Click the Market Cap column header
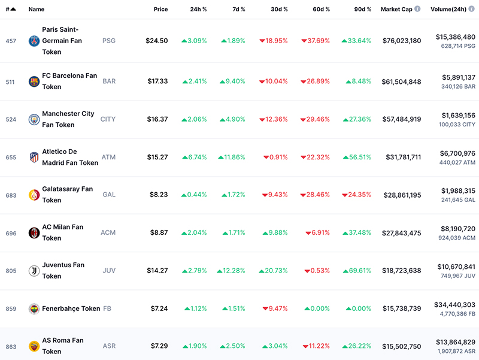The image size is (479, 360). click(396, 9)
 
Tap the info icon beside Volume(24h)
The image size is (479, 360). click(472, 9)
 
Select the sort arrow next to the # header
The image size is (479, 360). click(13, 9)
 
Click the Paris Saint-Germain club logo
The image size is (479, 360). click(34, 41)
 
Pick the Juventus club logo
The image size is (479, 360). click(34, 271)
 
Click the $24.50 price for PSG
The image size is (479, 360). click(157, 41)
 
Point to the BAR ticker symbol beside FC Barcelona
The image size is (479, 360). click(109, 81)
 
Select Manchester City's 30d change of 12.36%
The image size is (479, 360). click(274, 119)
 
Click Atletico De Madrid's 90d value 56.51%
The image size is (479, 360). click(357, 157)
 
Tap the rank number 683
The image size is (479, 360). click(11, 195)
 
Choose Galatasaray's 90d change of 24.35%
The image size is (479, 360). click(356, 195)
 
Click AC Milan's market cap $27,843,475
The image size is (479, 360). click(401, 233)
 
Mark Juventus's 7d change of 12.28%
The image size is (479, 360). click(231, 271)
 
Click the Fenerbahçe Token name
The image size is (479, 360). click(71, 308)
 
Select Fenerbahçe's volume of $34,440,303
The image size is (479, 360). click(454, 305)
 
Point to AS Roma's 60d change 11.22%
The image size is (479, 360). click(316, 346)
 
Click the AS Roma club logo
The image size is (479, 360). click(34, 347)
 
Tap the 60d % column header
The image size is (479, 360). click(321, 9)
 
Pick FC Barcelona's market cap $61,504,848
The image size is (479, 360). click(401, 81)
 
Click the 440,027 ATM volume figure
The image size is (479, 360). click(457, 162)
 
